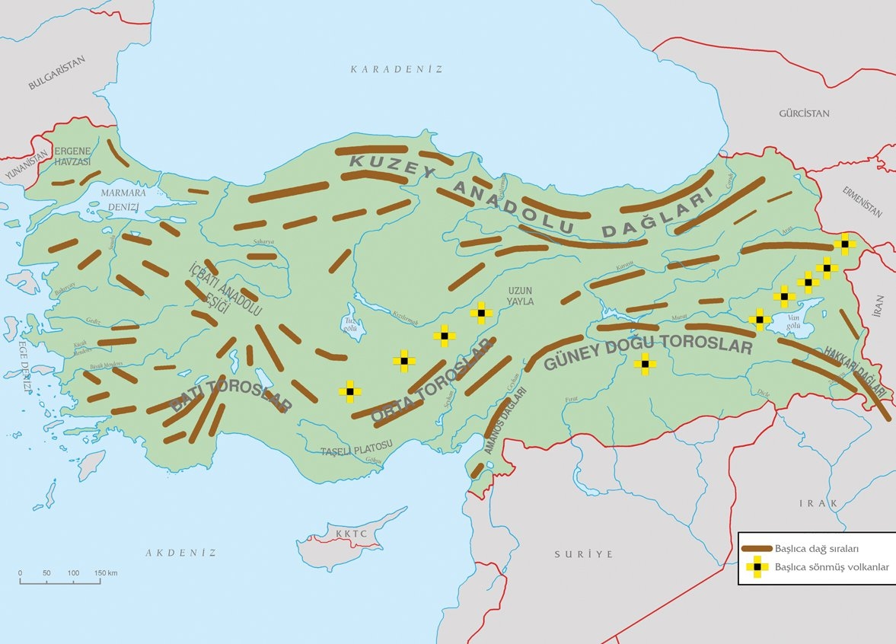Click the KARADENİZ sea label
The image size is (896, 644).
coord(396,69)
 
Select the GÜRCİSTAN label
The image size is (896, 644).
coord(804,113)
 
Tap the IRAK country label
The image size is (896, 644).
coord(818,504)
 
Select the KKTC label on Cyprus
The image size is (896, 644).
coord(351,534)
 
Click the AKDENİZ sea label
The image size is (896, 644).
coord(181,553)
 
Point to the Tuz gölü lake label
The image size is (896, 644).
coord(352,325)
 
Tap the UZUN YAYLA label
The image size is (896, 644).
coord(522,296)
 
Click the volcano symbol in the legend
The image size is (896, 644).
coord(756,567)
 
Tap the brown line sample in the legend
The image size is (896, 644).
coord(756,548)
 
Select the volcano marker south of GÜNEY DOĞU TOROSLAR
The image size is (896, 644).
coord(645,365)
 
